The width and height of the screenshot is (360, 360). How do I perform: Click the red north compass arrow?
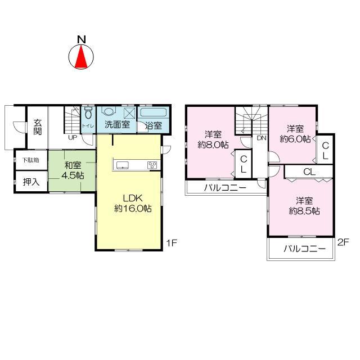(x=82, y=56)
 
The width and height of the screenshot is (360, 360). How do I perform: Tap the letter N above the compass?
(x=82, y=39)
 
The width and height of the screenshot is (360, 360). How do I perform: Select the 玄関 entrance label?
(x=37, y=127)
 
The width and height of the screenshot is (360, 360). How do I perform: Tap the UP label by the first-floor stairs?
(x=73, y=137)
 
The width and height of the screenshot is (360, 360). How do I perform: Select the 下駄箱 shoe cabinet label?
(x=30, y=160)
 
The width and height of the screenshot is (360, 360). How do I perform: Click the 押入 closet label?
(x=30, y=182)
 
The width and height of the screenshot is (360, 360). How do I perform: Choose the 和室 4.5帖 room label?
(x=73, y=170)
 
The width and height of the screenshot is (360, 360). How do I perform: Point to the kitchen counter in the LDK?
(x=136, y=165)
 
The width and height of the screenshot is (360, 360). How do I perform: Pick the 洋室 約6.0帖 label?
(x=296, y=134)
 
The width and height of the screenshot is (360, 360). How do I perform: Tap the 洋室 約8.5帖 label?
(x=304, y=206)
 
